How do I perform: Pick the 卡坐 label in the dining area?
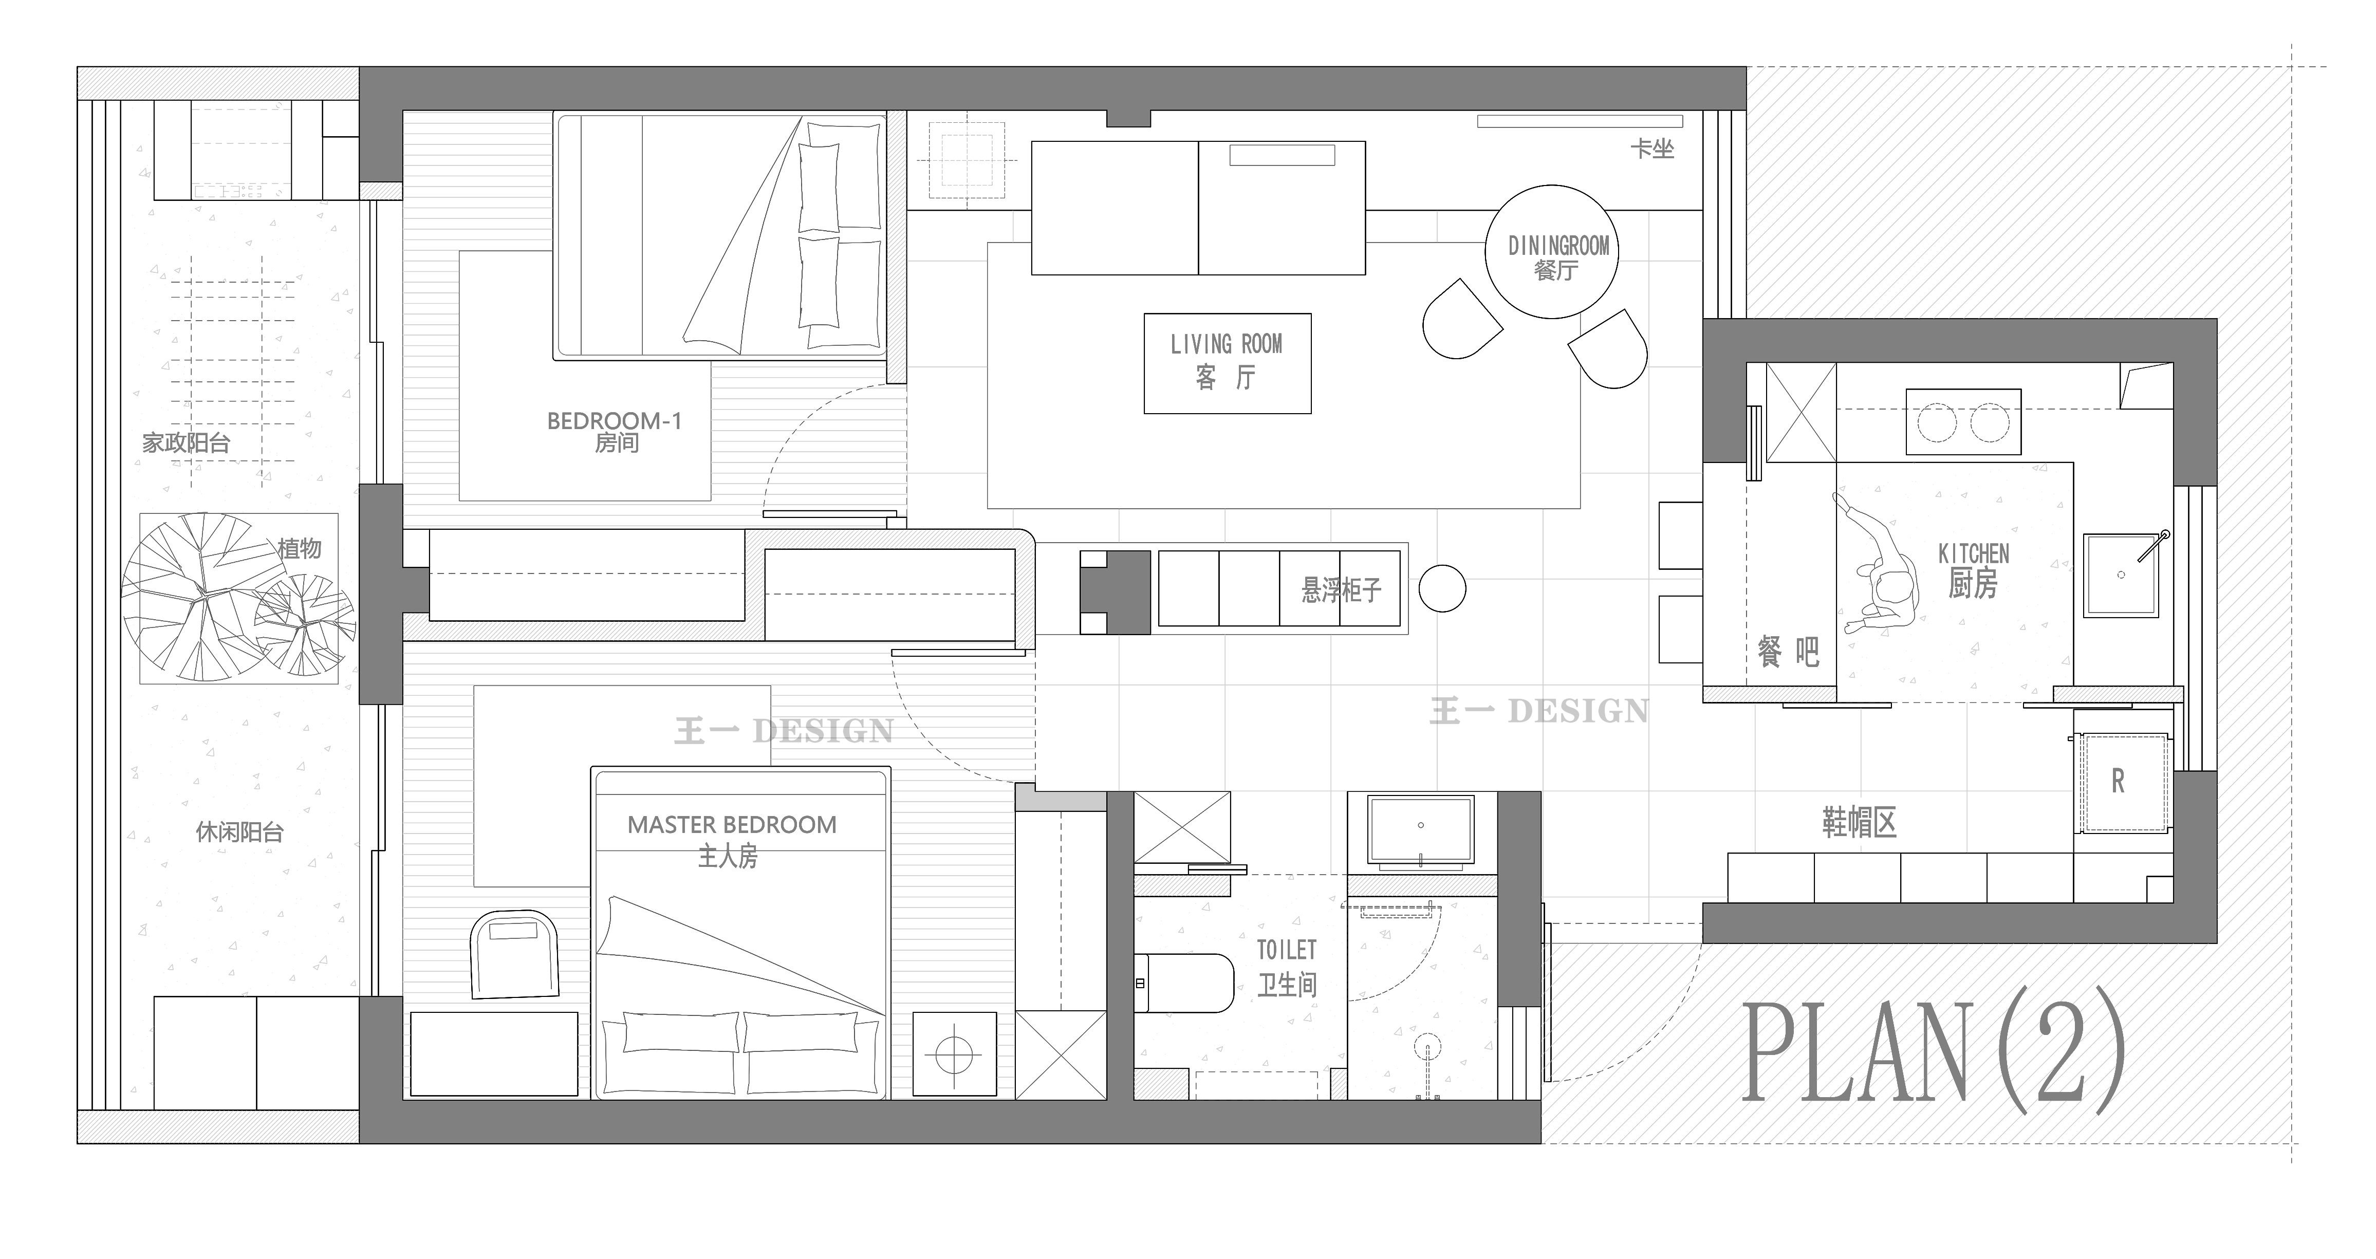1651,149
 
